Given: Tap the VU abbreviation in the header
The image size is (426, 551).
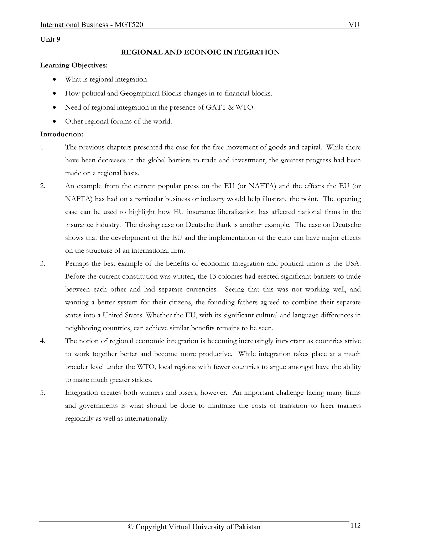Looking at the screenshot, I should (x=354, y=25).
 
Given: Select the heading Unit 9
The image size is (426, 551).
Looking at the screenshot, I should (x=50, y=39).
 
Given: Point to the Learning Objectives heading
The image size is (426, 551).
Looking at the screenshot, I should (x=74, y=65).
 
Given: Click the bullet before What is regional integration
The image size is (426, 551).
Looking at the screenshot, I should (x=54, y=79).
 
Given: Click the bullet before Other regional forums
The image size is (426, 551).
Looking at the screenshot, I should (x=54, y=121).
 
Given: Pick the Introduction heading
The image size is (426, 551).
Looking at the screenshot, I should (x=62, y=134).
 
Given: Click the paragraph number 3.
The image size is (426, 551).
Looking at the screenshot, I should (x=42, y=264).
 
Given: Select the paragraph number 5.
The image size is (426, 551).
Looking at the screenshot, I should (x=42, y=393).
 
